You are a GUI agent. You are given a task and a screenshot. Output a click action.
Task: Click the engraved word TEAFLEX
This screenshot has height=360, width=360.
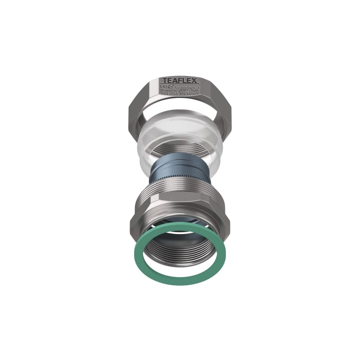click(180, 80)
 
